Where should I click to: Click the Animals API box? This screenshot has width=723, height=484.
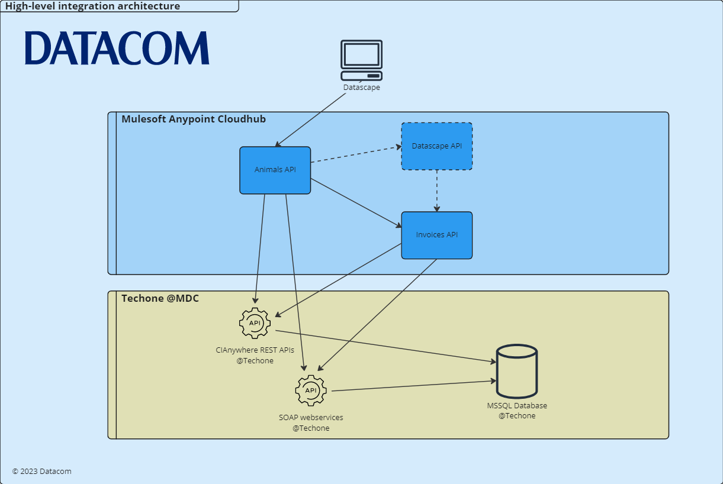tap(275, 170)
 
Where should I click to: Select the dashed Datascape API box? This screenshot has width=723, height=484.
tap(436, 146)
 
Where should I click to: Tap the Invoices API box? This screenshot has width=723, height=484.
tap(436, 235)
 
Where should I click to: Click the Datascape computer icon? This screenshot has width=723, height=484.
tap(361, 60)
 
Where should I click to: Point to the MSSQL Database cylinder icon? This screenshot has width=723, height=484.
tap(517, 371)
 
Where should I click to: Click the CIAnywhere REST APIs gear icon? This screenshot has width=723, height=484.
tap(255, 323)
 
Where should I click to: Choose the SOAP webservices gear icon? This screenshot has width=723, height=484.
tap(311, 391)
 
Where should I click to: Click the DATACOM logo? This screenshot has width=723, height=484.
tap(117, 49)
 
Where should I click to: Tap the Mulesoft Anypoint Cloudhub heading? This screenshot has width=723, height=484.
tap(194, 119)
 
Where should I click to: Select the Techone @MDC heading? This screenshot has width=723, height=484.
tap(160, 298)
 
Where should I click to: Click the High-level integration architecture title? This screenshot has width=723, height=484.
tap(93, 7)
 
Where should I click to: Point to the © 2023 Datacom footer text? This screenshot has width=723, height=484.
tap(41, 472)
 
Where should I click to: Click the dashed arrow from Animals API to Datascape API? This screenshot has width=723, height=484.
tap(355, 155)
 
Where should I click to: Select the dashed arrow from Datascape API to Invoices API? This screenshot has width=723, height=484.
tap(437, 191)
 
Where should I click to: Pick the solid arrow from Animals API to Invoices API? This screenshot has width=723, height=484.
tap(356, 202)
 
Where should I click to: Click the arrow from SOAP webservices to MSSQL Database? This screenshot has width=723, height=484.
tap(413, 386)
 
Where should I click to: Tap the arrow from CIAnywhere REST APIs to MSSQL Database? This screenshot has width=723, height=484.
tap(385, 346)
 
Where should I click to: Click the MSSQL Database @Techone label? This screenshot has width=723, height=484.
tap(517, 411)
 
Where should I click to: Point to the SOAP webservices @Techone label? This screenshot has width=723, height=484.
tap(311, 422)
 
